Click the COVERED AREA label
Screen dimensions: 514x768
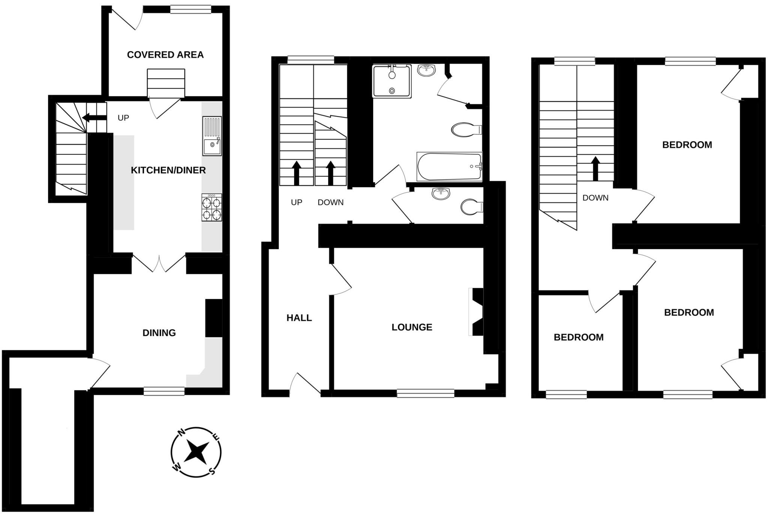pyautogui.click(x=165, y=55)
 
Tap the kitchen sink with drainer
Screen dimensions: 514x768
pyautogui.click(x=212, y=136)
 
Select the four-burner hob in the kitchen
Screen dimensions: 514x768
pyautogui.click(x=211, y=208)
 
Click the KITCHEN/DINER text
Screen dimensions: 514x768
pyautogui.click(x=168, y=170)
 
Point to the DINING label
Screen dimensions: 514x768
pyautogui.click(x=159, y=333)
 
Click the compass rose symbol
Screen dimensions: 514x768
pyautogui.click(x=196, y=452)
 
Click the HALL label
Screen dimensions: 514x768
pyautogui.click(x=299, y=318)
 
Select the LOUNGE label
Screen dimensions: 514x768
pyautogui.click(x=412, y=327)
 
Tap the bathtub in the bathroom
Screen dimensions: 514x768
pyautogui.click(x=449, y=166)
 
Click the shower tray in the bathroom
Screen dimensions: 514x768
pyautogui.click(x=391, y=81)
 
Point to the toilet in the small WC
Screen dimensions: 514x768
pyautogui.click(x=471, y=207)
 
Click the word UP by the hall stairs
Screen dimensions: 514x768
pyautogui.click(x=296, y=202)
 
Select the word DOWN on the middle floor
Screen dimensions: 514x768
pyautogui.click(x=330, y=202)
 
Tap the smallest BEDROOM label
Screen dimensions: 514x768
pyautogui.click(x=578, y=337)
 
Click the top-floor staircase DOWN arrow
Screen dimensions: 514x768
pyautogui.click(x=595, y=168)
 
